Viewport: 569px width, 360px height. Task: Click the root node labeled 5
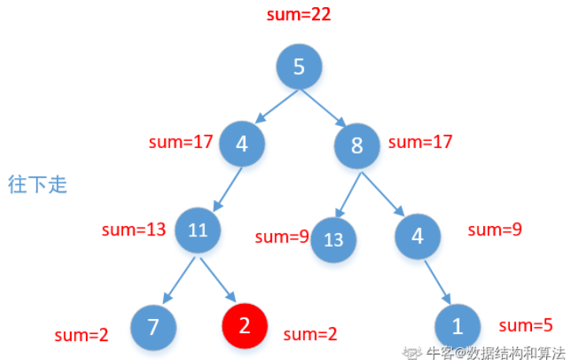[x=299, y=66]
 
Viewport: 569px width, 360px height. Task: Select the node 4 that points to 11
[x=242, y=144]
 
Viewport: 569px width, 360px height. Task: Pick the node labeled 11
[x=198, y=230]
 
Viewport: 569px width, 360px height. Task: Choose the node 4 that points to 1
[x=417, y=235]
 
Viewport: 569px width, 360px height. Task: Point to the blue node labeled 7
[x=154, y=326]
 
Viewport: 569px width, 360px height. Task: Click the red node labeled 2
[x=244, y=326]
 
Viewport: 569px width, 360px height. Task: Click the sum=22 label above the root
[x=299, y=16]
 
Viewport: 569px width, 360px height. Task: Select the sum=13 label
[x=134, y=230]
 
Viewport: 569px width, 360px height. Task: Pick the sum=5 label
[x=526, y=325]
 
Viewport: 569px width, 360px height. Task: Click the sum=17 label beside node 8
[x=421, y=143]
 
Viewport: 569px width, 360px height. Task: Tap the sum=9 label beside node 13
[x=281, y=236]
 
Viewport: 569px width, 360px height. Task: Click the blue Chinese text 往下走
[x=37, y=185]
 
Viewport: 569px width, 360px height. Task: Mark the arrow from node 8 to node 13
[x=348, y=195]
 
